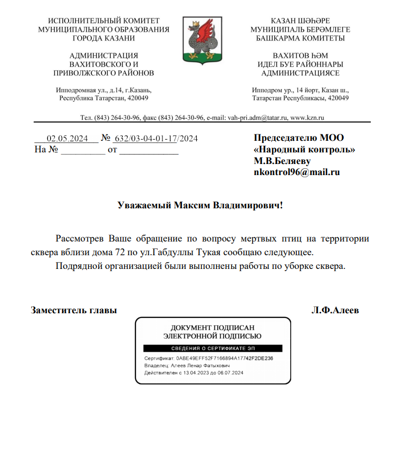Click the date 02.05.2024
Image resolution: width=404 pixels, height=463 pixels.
pos(66,139)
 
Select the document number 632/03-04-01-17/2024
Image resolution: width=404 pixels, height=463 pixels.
pos(156,139)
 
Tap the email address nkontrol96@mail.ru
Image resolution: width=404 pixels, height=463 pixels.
pos(296,172)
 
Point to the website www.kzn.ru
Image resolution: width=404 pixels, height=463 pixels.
pos(307,117)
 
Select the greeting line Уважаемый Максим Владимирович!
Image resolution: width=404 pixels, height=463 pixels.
pos(200,205)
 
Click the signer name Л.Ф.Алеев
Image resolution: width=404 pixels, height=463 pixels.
pos(335,310)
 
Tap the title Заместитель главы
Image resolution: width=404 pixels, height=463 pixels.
pos(74,310)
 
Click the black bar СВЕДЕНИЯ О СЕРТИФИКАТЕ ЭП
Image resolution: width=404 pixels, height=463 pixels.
pos(213,349)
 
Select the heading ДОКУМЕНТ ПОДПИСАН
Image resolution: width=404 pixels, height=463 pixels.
pos(213,327)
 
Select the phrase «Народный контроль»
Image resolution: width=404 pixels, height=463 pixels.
pos(304,149)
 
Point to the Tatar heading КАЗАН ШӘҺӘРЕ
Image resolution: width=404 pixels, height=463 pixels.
pos(300,21)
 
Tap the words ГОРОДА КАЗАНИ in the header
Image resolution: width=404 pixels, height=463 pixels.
pos(103,38)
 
